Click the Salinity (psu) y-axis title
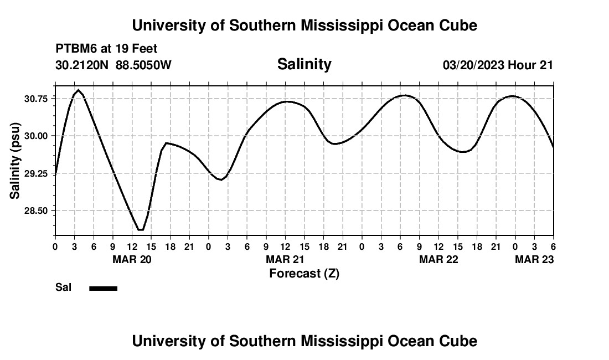pyautogui.click(x=15, y=161)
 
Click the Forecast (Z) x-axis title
pyautogui.click(x=304, y=274)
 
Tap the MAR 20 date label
pyautogui.click(x=132, y=260)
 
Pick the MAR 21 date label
pyautogui.click(x=285, y=260)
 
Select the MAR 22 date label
pyautogui.click(x=438, y=260)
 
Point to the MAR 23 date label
pyautogui.click(x=534, y=260)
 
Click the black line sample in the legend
pyautogui.click(x=103, y=288)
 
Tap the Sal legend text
pyautogui.click(x=63, y=287)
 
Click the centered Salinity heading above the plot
pyautogui.click(x=304, y=64)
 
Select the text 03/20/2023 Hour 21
pyautogui.click(x=498, y=65)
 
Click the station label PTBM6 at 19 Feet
pyautogui.click(x=106, y=49)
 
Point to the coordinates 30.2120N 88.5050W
pyautogui.click(x=113, y=65)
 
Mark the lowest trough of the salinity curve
pyautogui.click(x=141, y=230)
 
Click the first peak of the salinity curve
pyautogui.click(x=79, y=90)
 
